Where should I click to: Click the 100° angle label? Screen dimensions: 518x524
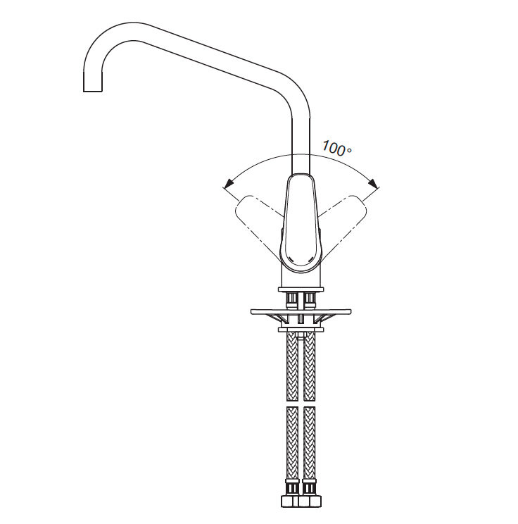[336, 149]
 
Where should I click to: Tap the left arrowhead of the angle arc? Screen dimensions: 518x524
[229, 183]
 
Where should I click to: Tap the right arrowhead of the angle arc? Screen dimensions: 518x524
[373, 183]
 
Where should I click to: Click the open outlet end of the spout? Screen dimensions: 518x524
[92, 91]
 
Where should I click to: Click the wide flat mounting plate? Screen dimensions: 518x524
[301, 311]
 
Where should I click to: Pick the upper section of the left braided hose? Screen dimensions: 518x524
[292, 366]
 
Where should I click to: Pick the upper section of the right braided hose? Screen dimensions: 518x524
[309, 366]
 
